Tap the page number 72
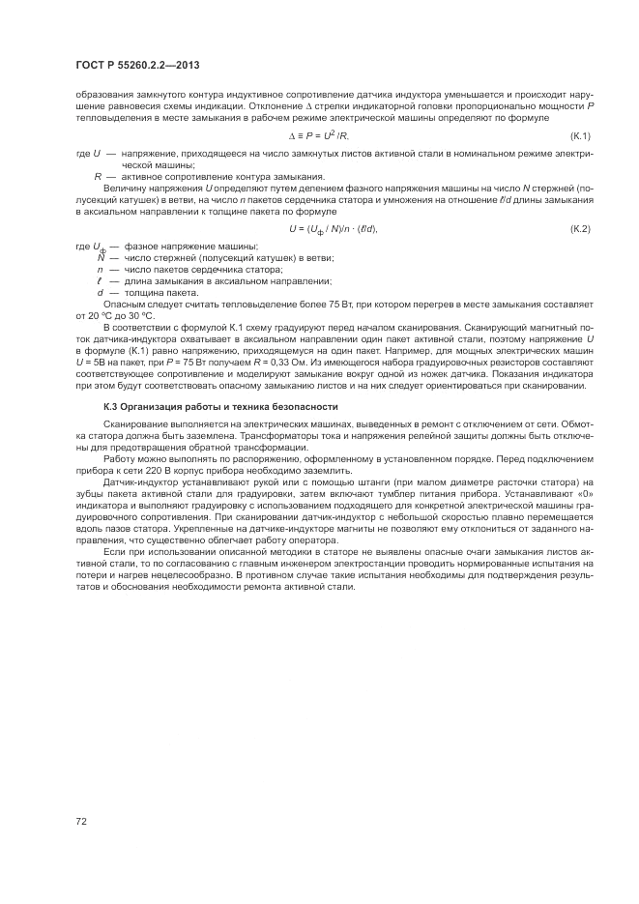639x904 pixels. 80,821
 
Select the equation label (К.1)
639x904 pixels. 579,134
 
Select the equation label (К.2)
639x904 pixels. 579,228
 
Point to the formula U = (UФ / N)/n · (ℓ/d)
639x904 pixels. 333,228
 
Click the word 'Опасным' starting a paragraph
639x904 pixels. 123,304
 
